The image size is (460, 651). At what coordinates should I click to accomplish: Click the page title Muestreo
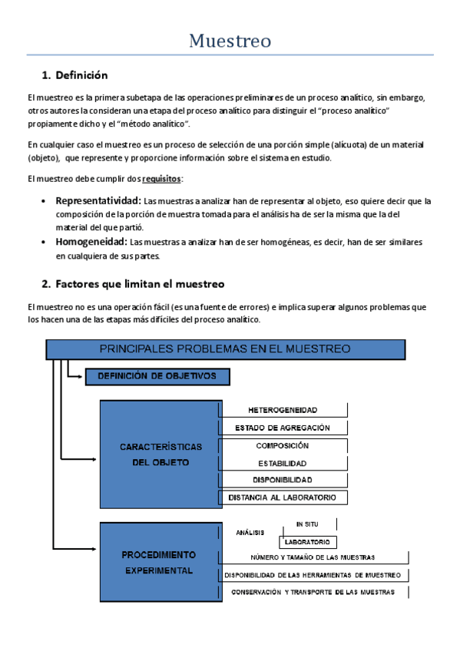[230, 41]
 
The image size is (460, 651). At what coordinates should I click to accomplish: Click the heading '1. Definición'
[74, 75]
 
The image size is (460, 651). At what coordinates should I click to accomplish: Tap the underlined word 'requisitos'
[162, 179]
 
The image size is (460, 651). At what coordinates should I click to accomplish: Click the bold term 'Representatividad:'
[98, 201]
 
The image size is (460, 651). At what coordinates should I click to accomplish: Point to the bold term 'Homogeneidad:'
[91, 242]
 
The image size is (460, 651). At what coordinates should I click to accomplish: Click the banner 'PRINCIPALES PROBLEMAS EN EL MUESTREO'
[225, 349]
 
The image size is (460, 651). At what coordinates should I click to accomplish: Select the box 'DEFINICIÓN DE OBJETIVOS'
[157, 376]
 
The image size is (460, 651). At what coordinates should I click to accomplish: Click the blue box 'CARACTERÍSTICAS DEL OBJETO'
[161, 454]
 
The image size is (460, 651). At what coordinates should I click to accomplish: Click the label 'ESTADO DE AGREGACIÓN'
[283, 428]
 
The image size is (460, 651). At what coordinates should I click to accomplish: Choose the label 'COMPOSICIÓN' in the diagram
[283, 445]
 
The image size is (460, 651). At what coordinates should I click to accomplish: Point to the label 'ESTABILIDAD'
[283, 464]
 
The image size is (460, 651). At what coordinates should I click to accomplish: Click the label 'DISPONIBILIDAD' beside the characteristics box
[283, 481]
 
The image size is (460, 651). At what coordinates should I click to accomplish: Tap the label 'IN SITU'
[306, 524]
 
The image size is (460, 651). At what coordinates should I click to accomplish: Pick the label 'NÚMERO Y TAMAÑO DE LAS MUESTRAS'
[313, 557]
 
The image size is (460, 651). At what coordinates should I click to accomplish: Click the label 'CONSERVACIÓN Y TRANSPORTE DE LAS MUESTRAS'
[313, 592]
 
